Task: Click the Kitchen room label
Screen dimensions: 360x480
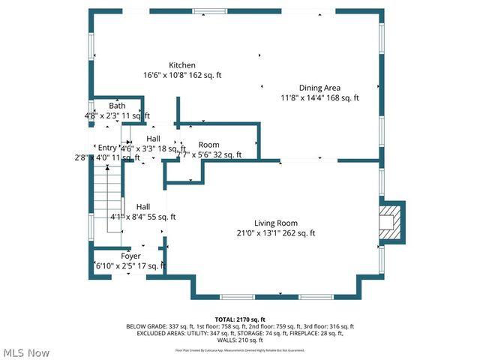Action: [182, 65]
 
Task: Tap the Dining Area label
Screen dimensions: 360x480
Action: [320, 88]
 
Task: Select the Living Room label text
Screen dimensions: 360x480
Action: [276, 223]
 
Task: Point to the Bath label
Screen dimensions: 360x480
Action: [117, 106]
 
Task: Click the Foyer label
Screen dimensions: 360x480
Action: [131, 256]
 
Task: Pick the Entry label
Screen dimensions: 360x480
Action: [107, 148]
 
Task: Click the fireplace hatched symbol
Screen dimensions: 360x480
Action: [388, 223]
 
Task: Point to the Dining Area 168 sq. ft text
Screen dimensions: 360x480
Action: [341, 97]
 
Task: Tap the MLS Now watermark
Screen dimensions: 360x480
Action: [26, 352]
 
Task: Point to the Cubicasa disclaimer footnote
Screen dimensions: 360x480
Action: [240, 349]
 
